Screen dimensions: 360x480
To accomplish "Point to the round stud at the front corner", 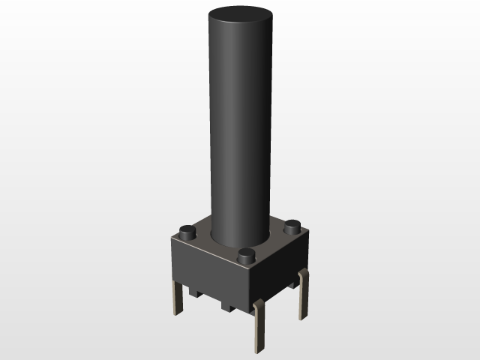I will (245, 256).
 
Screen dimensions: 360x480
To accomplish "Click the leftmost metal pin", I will (178, 296).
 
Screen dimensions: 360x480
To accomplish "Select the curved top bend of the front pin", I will (258, 303).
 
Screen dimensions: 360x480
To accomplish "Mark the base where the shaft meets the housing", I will (239, 241).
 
